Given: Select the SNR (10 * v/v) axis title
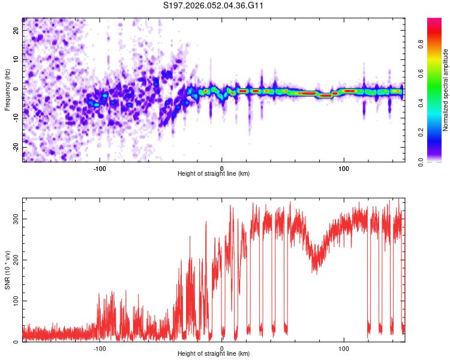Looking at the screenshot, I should pyautogui.click(x=7, y=270).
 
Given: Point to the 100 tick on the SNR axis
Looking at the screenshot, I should pyautogui.click(x=16, y=301).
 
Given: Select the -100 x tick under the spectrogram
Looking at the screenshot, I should pyautogui.click(x=100, y=167).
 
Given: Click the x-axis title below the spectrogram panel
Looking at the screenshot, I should pyautogui.click(x=214, y=173).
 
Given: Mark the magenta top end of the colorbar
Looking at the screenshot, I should pyautogui.click(x=434, y=21).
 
